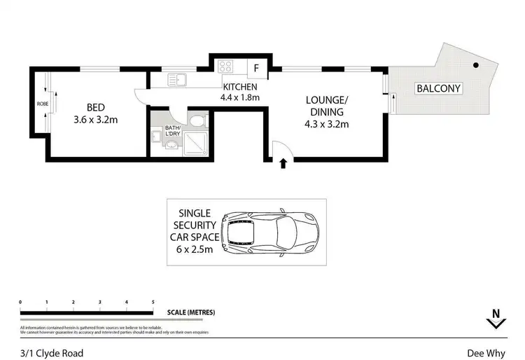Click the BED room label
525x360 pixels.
pyautogui.click(x=95, y=107)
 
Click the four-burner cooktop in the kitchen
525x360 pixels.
pyautogui.click(x=226, y=67)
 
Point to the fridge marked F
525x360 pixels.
pyautogui.click(x=256, y=68)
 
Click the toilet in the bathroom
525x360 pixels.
pyautogui.click(x=199, y=122)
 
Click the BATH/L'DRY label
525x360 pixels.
pyautogui.click(x=172, y=131)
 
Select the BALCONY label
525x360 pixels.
pyautogui.click(x=439, y=88)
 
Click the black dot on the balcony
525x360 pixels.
pyautogui.click(x=475, y=65)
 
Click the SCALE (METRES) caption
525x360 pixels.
pyautogui.click(x=191, y=312)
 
